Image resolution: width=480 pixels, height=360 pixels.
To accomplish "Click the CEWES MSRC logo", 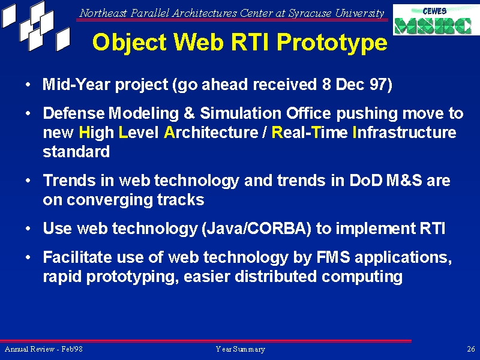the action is pyautogui.click(x=436, y=20).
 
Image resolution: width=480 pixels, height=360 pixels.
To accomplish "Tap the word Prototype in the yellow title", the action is pyautogui.click(x=332, y=42).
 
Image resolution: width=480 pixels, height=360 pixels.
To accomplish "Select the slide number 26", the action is pyautogui.click(x=471, y=349).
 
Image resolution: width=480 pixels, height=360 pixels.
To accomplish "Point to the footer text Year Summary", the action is pyautogui.click(x=241, y=349).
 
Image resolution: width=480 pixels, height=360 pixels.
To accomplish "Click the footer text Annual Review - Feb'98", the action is pyautogui.click(x=44, y=349).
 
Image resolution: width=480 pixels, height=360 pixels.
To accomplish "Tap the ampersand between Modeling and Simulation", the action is pyautogui.click(x=189, y=113).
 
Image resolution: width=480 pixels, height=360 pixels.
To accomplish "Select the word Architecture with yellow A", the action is pyautogui.click(x=211, y=133).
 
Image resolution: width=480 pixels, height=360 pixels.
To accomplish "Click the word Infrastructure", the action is pyautogui.click(x=404, y=133).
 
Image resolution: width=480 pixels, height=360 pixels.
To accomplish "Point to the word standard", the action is pyautogui.click(x=76, y=152).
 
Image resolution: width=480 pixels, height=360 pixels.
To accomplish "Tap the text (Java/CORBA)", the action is pyautogui.click(x=256, y=229).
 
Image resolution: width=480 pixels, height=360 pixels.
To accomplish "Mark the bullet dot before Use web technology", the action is pyautogui.click(x=28, y=229).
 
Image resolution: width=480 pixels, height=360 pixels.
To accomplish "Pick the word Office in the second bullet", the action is pyautogui.click(x=308, y=113).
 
